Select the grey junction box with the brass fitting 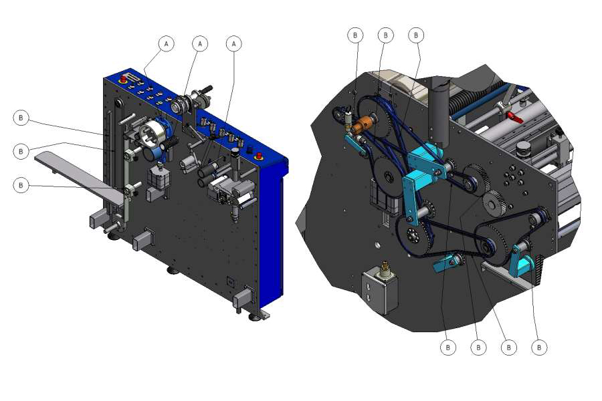[x=380, y=289]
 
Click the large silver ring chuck [x=152, y=134]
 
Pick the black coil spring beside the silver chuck [x=170, y=143]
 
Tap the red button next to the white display [x=124, y=80]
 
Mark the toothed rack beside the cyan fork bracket [x=538, y=271]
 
